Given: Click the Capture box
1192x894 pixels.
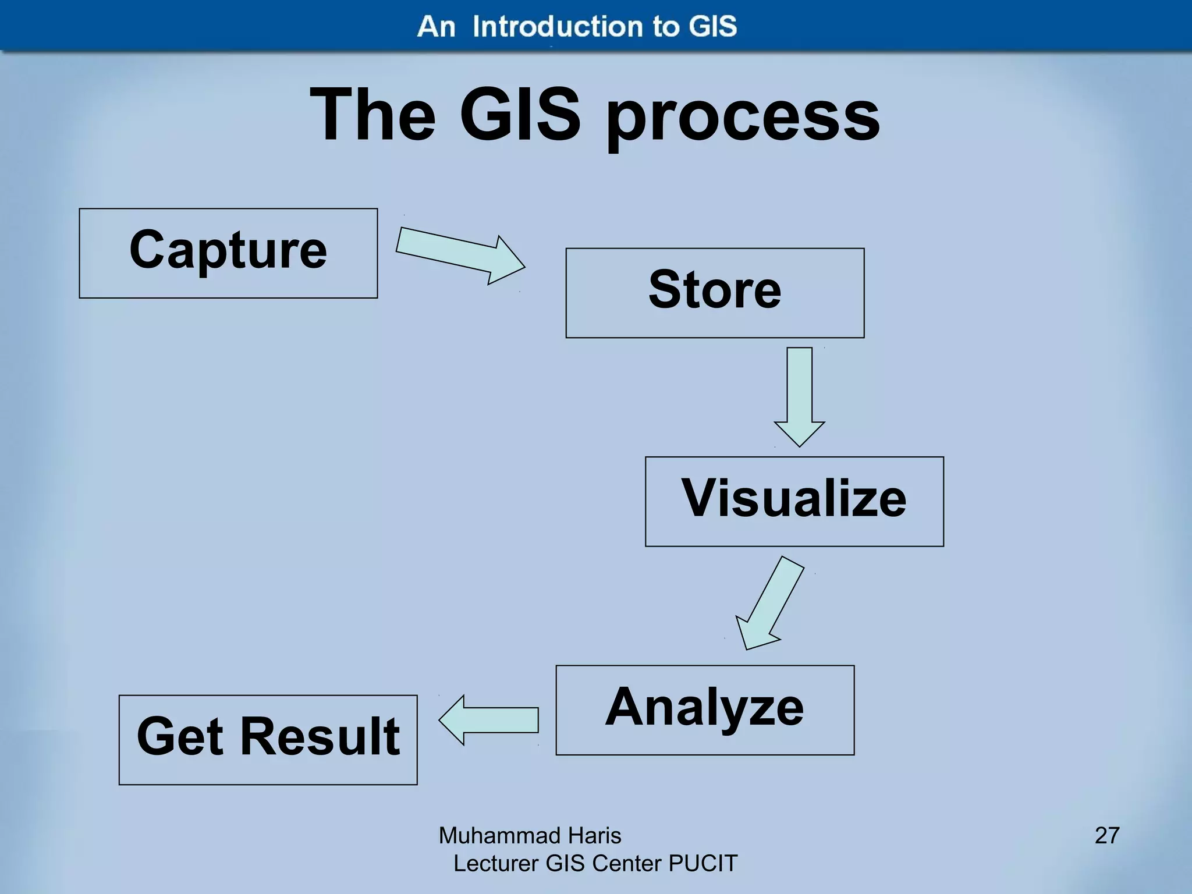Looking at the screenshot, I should [x=228, y=253].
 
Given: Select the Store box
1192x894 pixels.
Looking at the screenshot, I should [x=715, y=293].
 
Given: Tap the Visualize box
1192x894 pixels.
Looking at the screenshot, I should [x=794, y=501].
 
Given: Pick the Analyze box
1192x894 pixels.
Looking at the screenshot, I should [x=705, y=709].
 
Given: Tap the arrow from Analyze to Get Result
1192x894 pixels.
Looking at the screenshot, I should [x=489, y=720].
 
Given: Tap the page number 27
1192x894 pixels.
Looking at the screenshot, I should [x=1107, y=835].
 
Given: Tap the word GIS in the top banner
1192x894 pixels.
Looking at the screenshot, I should [x=713, y=27].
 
